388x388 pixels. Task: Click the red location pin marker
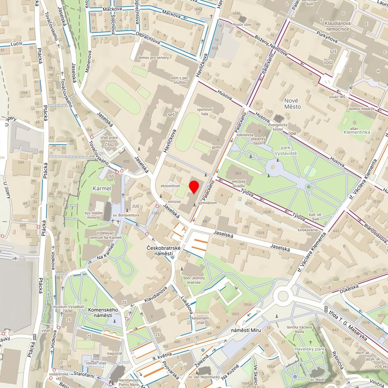[194, 187]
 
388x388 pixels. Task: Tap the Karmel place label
[102, 189]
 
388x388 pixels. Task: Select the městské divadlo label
[242, 184]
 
